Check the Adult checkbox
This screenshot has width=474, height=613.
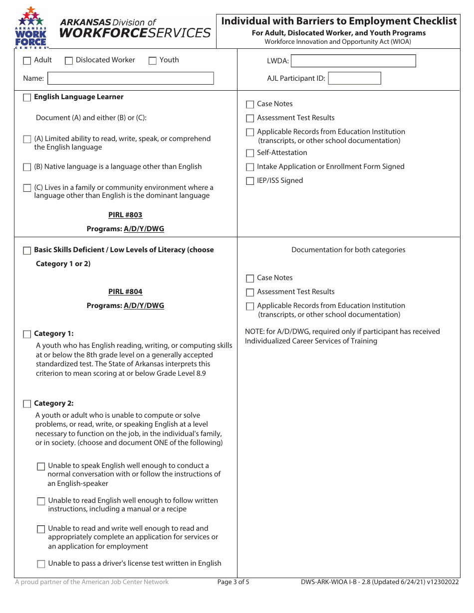pyautogui.click(x=27, y=61)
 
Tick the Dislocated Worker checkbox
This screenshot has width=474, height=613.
pyautogui.click(x=69, y=61)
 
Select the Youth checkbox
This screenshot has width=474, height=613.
pyautogui.click(x=153, y=61)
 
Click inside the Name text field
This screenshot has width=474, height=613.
pyautogui.click(x=130, y=78)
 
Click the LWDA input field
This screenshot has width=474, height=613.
pyautogui.click(x=353, y=61)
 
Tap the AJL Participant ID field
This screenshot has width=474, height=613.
pyautogui.click(x=354, y=78)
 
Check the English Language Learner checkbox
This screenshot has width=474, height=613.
pyautogui.click(x=27, y=98)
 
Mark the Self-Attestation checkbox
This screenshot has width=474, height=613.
pyautogui.click(x=250, y=153)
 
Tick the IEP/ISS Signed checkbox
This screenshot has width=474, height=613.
pyautogui.click(x=250, y=181)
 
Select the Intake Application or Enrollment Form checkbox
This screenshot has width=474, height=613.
pyautogui.click(x=250, y=167)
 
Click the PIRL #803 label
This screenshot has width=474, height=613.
pyautogui.click(x=125, y=215)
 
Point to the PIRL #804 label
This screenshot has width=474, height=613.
pyautogui.click(x=125, y=292)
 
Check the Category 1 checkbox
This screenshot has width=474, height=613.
pyautogui.click(x=27, y=334)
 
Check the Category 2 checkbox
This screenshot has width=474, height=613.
pyautogui.click(x=27, y=404)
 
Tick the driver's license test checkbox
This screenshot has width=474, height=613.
pyautogui.click(x=41, y=564)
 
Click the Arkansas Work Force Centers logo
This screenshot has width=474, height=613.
pyautogui.click(x=31, y=28)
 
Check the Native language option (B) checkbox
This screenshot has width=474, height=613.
pyautogui.click(x=27, y=167)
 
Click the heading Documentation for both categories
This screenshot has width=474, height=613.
pyautogui.click(x=348, y=250)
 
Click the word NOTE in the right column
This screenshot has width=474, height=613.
pyautogui.click(x=254, y=332)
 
